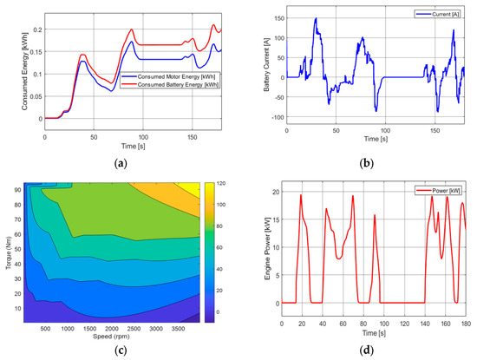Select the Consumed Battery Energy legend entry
pos(175,85)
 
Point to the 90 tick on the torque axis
pos(18,193)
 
